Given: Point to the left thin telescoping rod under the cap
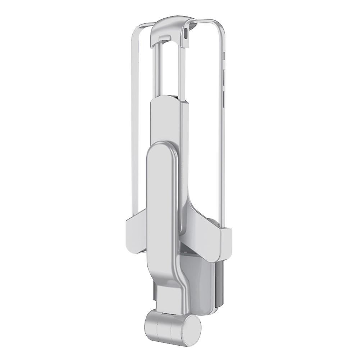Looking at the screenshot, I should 156,72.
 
